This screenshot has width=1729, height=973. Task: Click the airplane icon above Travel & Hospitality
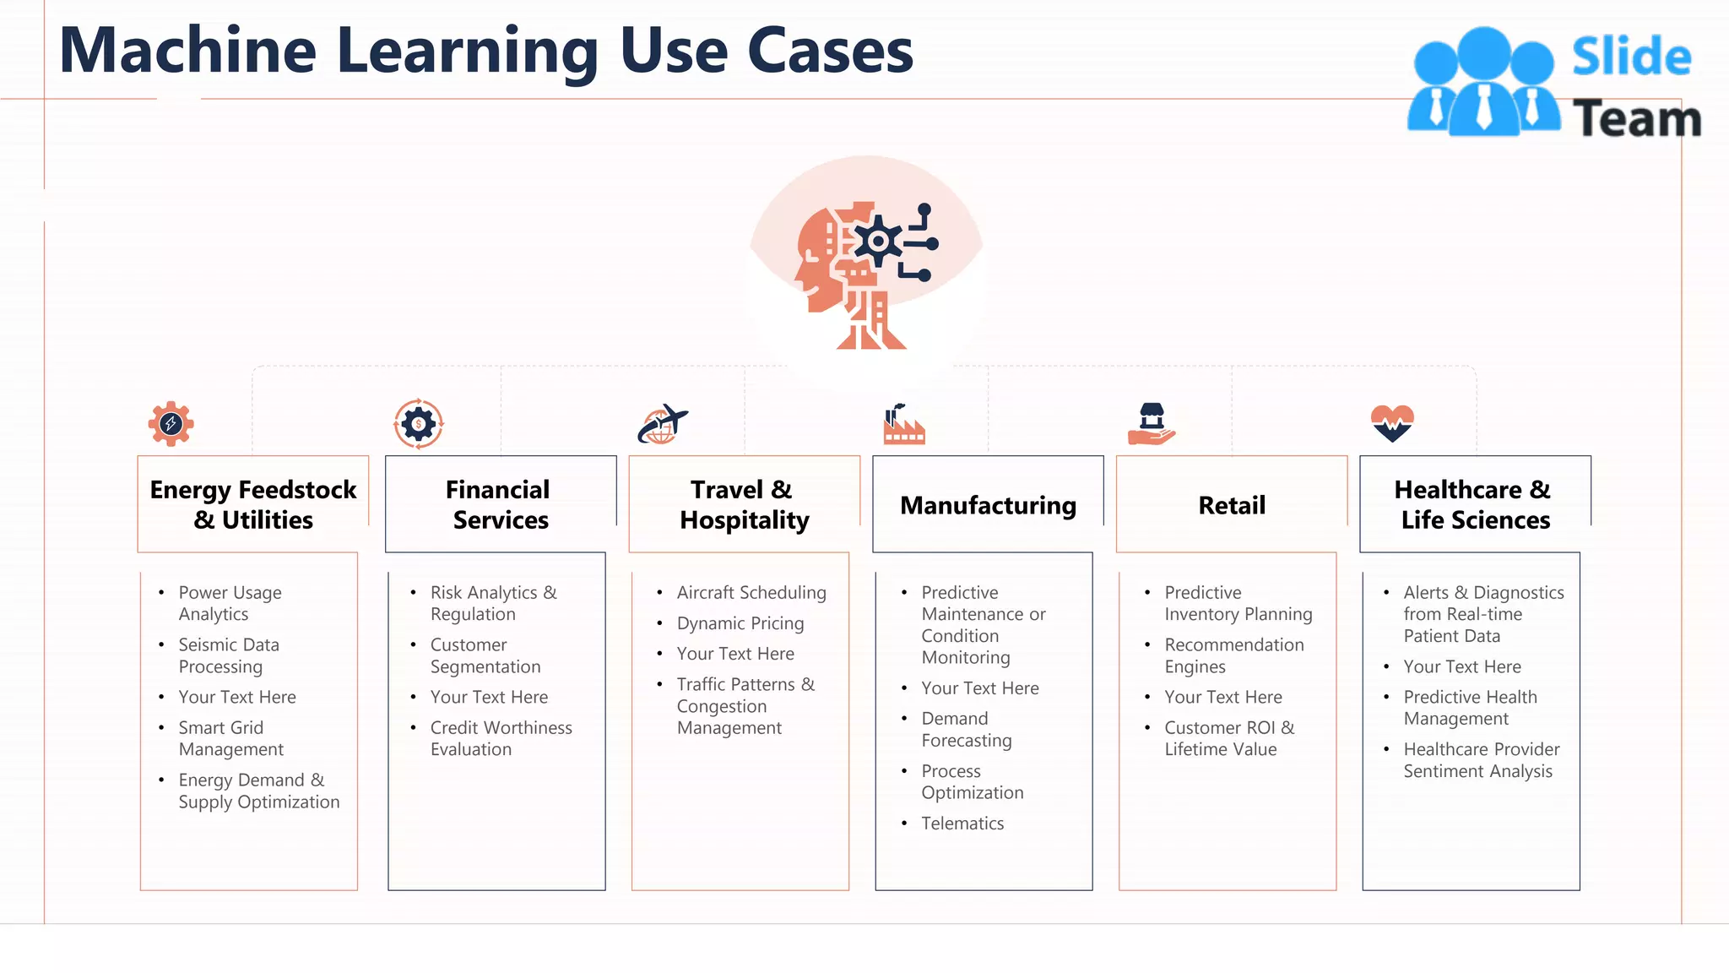tap(663, 423)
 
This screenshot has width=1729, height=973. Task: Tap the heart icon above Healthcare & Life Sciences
tap(1392, 422)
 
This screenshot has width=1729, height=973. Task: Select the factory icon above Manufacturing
tap(904, 424)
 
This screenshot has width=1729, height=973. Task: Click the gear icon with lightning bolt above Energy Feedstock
tap(171, 423)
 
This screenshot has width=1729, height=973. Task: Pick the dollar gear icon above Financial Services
tap(419, 423)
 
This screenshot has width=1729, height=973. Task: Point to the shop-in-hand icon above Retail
tap(1152, 424)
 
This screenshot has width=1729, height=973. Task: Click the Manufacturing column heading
tap(988, 505)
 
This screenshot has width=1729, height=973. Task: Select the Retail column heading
tap(1231, 505)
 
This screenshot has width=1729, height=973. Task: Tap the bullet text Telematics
tap(962, 824)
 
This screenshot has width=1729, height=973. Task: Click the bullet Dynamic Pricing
tap(740, 623)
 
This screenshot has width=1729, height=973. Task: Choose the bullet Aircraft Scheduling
tap(751, 593)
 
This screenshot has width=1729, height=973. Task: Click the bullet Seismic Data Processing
tap(228, 655)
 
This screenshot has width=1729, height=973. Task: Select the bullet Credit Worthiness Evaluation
tap(500, 738)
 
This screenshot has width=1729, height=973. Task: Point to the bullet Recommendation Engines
tap(1233, 655)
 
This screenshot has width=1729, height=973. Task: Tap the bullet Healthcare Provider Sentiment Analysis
tap(1481, 759)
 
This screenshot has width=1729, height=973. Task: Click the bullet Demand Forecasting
tap(966, 729)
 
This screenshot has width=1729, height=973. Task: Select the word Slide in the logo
tap(1631, 57)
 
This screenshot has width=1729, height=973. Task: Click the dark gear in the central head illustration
tap(878, 242)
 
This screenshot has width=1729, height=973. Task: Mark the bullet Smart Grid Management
tap(230, 738)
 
